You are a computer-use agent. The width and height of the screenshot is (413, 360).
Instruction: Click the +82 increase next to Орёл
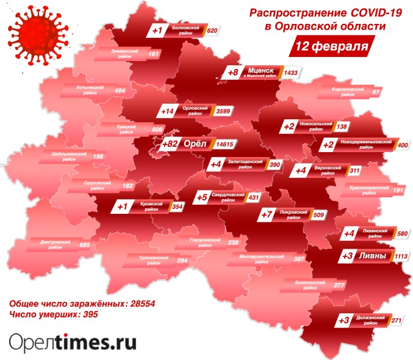pyautogui.click(x=172, y=144)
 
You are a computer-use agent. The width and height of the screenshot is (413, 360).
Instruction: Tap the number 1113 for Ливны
pyautogui.click(x=399, y=257)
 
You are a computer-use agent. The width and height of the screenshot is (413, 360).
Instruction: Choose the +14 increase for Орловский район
pyautogui.click(x=168, y=111)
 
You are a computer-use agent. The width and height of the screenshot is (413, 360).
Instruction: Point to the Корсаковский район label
pyautogui.click(x=348, y=92)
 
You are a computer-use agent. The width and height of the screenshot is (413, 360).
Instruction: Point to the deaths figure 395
pyautogui.click(x=88, y=314)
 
